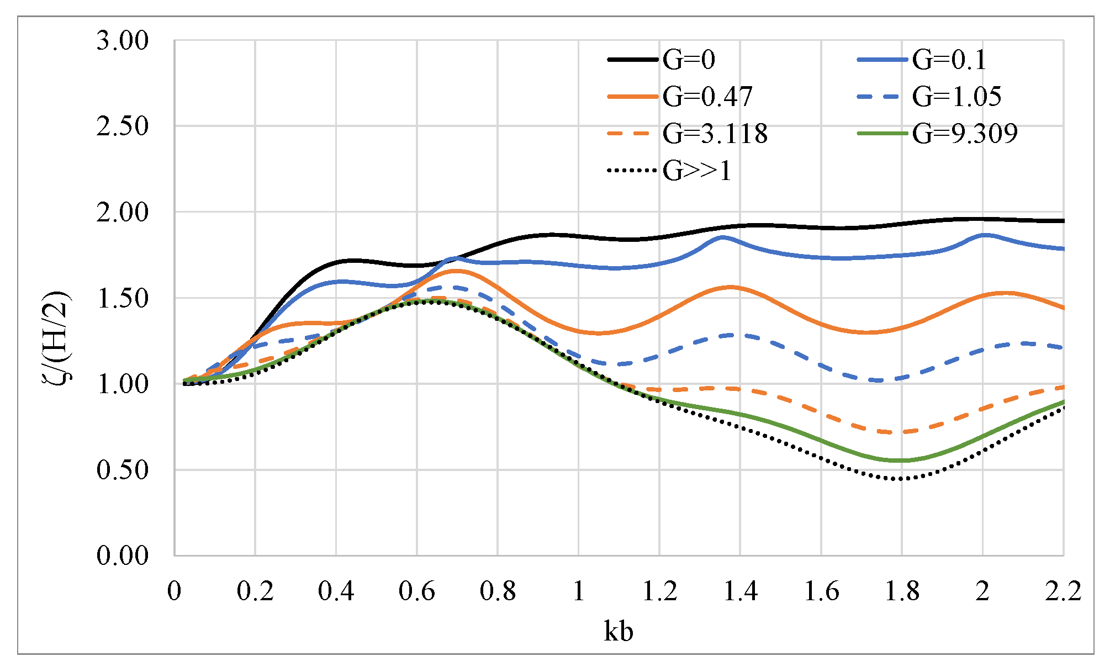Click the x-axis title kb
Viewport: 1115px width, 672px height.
619,631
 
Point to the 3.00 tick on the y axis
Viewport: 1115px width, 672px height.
123,41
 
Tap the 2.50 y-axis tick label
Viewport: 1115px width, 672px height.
123,126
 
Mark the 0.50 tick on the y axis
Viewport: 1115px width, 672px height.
123,470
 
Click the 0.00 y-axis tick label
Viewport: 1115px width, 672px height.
123,555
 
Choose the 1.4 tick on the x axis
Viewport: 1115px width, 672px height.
740,591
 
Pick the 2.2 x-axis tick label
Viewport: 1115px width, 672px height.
1063,591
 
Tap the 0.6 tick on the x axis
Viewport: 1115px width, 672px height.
417,591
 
